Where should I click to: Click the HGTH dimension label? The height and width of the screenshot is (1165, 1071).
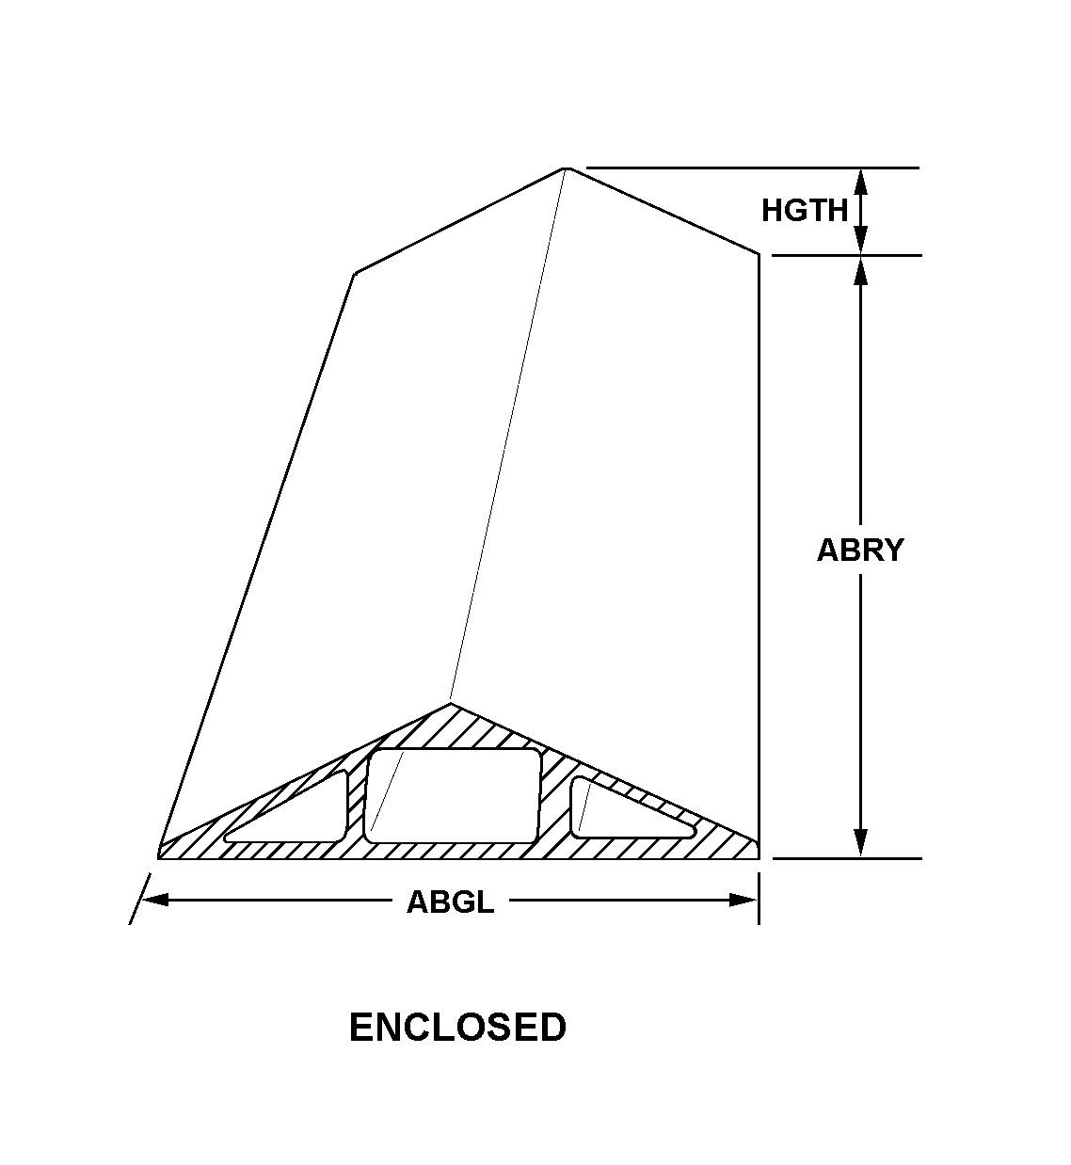[805, 210]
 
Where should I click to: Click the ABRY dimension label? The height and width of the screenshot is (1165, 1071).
[859, 550]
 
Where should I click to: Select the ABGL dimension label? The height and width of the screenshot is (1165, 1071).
[450, 902]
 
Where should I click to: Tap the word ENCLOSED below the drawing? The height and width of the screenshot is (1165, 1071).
[457, 1027]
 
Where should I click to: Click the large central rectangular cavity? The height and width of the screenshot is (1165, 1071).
[453, 795]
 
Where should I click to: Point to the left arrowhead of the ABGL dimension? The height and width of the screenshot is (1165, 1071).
[155, 900]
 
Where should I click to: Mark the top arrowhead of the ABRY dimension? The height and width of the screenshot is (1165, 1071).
[860, 269]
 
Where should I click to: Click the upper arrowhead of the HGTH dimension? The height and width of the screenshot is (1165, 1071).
[860, 181]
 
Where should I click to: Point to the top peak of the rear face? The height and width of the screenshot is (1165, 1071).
[567, 168]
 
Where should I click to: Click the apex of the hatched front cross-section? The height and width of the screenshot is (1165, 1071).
[451, 704]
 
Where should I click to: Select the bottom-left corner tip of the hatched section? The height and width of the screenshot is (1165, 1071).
[159, 854]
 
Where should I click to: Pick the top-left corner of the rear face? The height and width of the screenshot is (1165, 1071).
[355, 274]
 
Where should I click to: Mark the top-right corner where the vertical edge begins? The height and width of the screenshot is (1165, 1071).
[759, 253]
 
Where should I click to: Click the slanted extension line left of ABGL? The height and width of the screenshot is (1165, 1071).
[139, 900]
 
